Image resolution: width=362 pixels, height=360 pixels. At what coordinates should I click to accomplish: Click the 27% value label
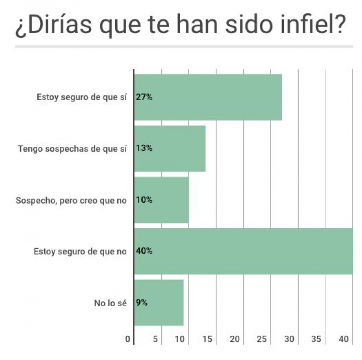tap(144, 97)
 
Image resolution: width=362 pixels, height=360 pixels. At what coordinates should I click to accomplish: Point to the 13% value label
tap(144, 148)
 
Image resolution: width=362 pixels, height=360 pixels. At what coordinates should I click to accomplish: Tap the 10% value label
tap(144, 200)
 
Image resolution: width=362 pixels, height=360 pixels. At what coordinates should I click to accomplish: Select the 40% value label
tap(144, 251)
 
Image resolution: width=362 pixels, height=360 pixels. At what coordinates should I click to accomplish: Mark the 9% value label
tap(141, 303)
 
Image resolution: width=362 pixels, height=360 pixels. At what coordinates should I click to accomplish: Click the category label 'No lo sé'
tap(110, 303)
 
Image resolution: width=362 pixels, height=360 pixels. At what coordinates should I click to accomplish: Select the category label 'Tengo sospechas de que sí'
tap(72, 148)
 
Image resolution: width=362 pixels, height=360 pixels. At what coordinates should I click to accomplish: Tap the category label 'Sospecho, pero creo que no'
tap(71, 200)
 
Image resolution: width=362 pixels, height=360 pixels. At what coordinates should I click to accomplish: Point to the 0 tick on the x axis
tap(128, 339)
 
